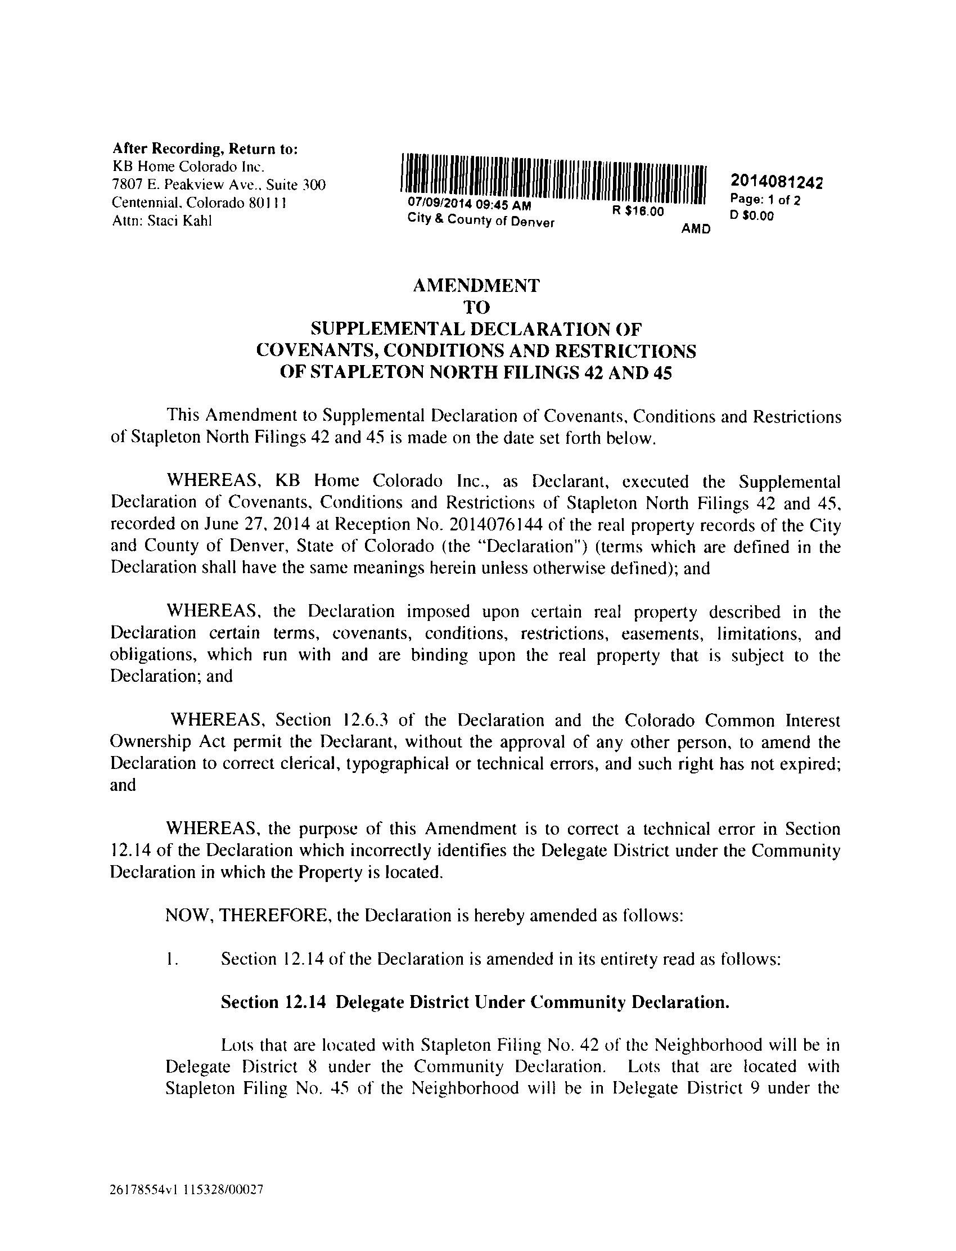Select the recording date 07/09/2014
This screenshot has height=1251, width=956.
(x=435, y=204)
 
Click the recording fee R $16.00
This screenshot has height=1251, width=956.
(x=638, y=211)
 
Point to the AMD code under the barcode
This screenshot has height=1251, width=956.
(x=696, y=229)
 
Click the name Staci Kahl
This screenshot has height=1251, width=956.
(x=179, y=222)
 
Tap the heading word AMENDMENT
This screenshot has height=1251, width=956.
(x=476, y=285)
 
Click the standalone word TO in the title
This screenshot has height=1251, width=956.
(x=476, y=307)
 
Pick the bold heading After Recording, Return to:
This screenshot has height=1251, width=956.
(x=205, y=149)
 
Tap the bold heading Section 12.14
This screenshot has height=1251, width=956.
(x=273, y=1002)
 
